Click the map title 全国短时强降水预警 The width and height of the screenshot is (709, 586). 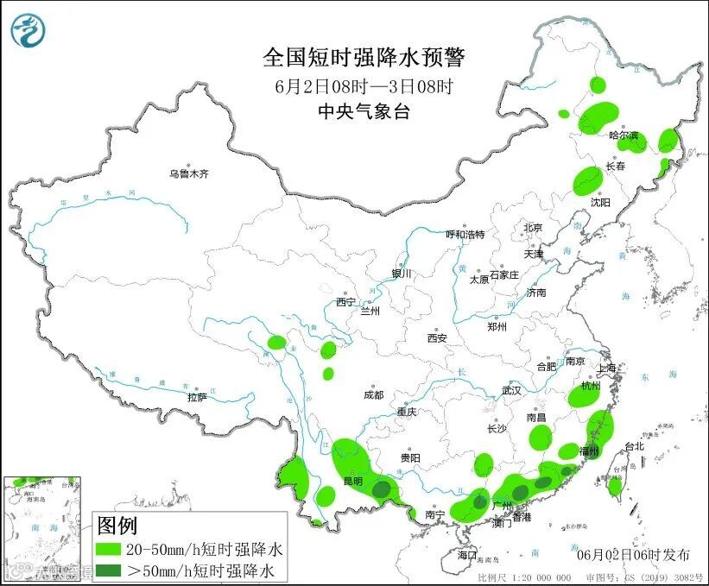364,58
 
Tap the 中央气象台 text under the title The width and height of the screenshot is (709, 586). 363,110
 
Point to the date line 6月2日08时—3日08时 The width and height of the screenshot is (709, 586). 364,85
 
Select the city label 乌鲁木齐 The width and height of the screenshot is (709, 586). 188,173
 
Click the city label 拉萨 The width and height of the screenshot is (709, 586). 197,397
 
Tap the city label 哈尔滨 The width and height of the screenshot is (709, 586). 624,135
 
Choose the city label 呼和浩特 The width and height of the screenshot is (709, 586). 465,235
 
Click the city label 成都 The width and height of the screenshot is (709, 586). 373,394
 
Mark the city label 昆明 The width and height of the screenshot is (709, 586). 351,481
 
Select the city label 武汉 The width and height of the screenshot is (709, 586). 511,390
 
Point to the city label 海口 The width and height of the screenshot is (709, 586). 467,554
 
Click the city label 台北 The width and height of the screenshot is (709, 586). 634,446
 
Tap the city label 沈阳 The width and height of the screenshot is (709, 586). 600,202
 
